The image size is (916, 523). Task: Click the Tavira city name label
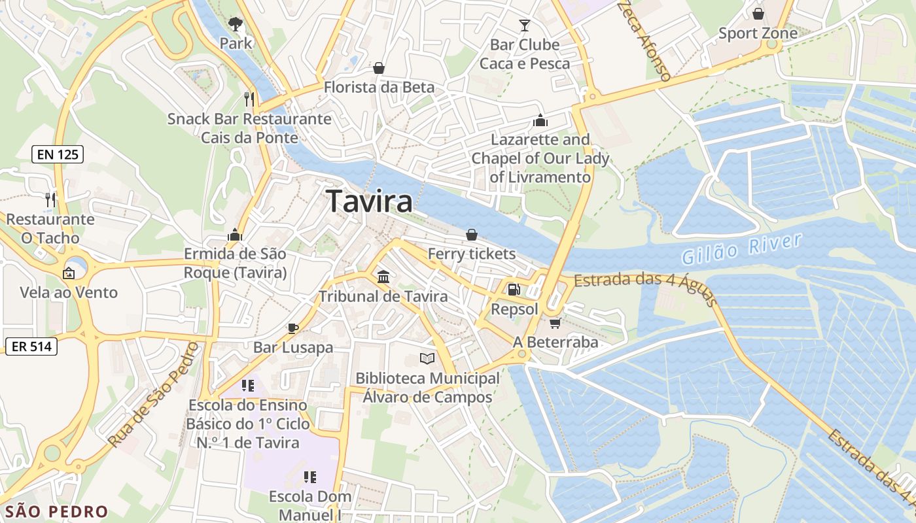pyautogui.click(x=370, y=201)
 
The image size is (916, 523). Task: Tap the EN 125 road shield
pyautogui.click(x=58, y=155)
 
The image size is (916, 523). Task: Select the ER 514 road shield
pyautogui.click(x=31, y=346)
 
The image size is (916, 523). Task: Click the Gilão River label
pyautogui.click(x=741, y=248)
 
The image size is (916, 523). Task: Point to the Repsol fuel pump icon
pyautogui.click(x=514, y=289)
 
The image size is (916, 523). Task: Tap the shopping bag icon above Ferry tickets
pyautogui.click(x=471, y=235)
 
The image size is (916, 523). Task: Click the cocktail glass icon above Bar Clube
pyautogui.click(x=524, y=25)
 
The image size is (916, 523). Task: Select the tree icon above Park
pyautogui.click(x=235, y=24)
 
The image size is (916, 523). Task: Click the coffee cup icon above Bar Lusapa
pyautogui.click(x=293, y=328)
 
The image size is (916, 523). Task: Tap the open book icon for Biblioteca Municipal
pyautogui.click(x=427, y=359)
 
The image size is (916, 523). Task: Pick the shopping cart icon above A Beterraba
pyautogui.click(x=555, y=323)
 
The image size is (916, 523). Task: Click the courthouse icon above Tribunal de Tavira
pyautogui.click(x=383, y=277)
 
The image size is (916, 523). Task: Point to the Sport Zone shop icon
pyautogui.click(x=758, y=14)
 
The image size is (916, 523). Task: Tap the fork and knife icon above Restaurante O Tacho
pyautogui.click(x=50, y=199)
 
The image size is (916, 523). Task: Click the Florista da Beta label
pyautogui.click(x=379, y=87)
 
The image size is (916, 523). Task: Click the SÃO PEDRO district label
pyautogui.click(x=56, y=511)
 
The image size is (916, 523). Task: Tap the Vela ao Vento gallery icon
pyautogui.click(x=69, y=273)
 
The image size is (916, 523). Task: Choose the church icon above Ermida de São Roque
pyautogui.click(x=234, y=234)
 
